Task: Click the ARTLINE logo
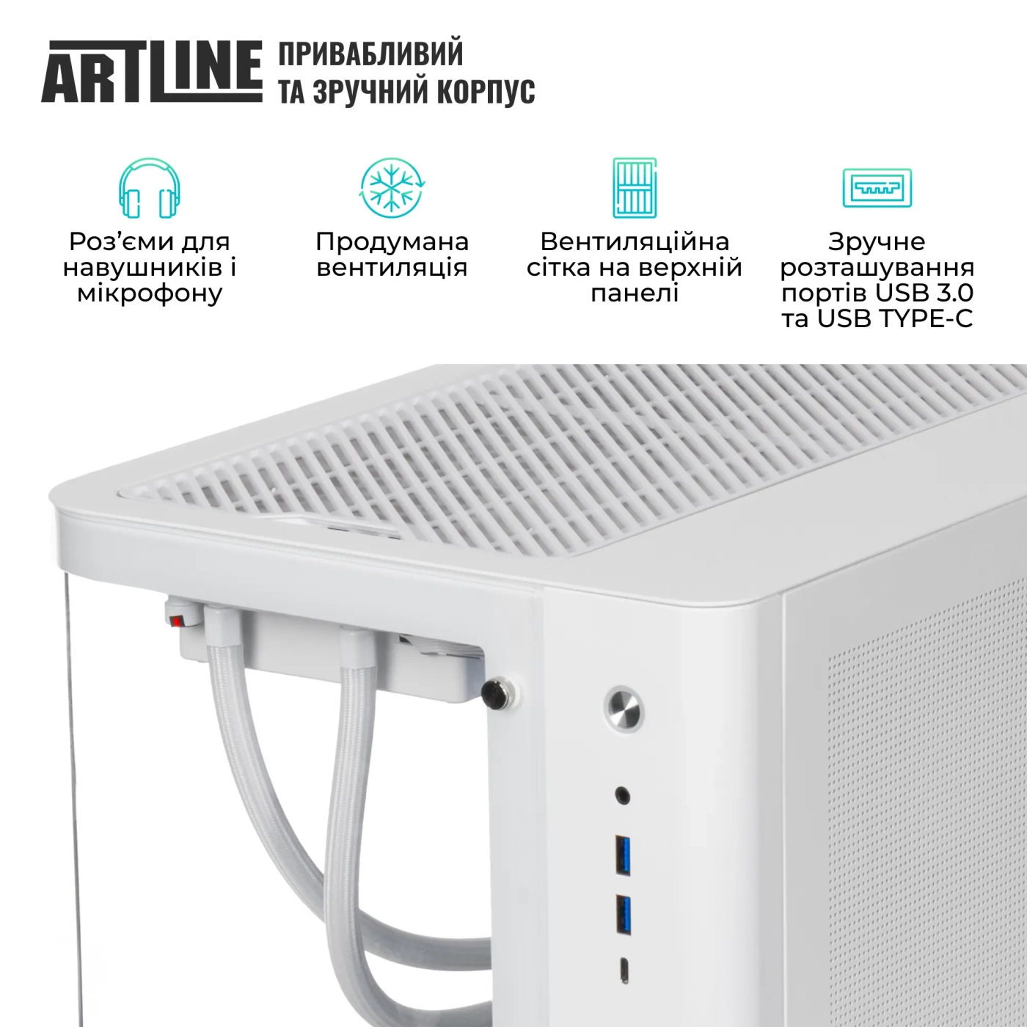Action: pos(152,71)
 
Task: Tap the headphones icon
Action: pos(150,188)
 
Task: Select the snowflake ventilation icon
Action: pos(392,187)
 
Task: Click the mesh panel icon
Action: pos(635,188)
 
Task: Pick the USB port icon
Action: pos(877,188)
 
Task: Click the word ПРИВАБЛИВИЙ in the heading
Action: pos(370,54)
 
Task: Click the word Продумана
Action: pos(392,241)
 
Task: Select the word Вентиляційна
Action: pos(635,241)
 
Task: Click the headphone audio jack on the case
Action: pos(623,795)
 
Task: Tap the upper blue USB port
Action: pos(624,855)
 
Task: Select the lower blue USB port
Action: pos(624,915)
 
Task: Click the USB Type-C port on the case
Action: pos(624,970)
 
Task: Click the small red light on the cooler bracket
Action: pos(176,621)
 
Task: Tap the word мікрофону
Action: pos(150,293)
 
